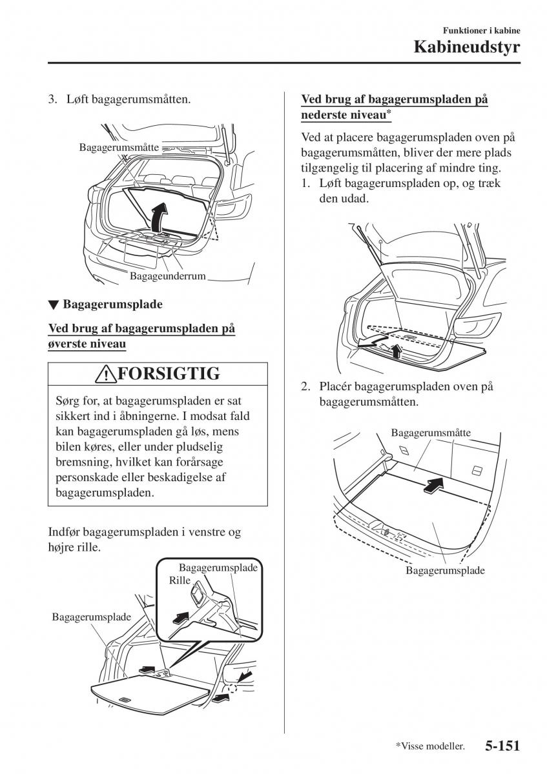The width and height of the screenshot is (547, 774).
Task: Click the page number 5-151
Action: click(x=501, y=746)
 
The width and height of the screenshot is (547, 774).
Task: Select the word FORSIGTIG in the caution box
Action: click(x=169, y=373)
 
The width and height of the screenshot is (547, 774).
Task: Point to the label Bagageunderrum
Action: click(x=167, y=276)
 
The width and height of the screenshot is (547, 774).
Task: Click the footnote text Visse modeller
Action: click(x=431, y=747)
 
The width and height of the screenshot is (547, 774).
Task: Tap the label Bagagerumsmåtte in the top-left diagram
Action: click(x=119, y=148)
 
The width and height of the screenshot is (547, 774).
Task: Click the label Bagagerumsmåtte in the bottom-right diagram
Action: click(x=431, y=433)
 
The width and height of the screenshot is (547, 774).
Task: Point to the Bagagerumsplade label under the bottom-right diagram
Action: click(x=445, y=571)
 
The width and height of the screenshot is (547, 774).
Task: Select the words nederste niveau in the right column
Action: click(x=343, y=115)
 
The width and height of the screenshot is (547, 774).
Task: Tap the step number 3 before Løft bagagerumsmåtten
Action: click(x=52, y=100)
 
